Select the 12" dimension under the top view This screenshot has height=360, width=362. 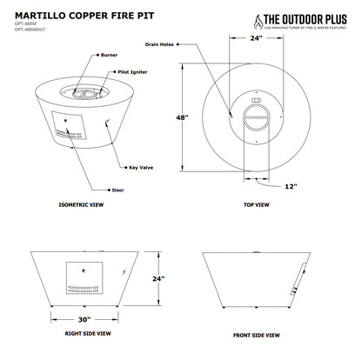point(289,185)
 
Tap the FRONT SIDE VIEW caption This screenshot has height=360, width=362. point(256,333)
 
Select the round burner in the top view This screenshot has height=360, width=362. point(256,116)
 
